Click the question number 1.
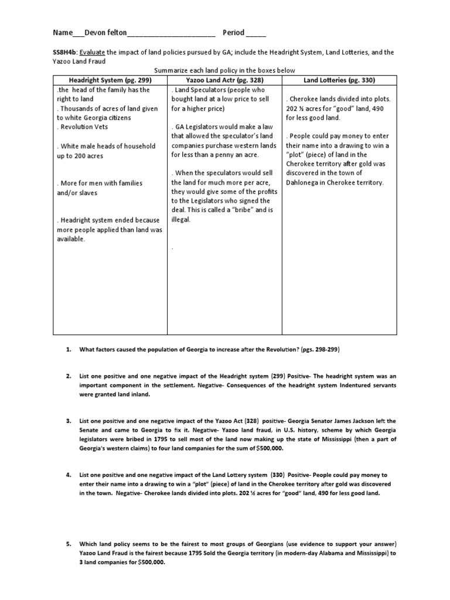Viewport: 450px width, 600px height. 69,350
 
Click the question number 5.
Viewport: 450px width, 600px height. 69,544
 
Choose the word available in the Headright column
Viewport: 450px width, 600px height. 71,239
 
